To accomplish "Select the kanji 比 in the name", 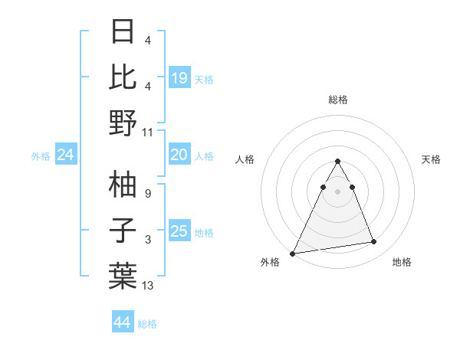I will pyautogui.click(x=123, y=77).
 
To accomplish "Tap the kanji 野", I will pyautogui.click(x=123, y=123).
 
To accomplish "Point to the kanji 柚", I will pyautogui.click(x=123, y=184).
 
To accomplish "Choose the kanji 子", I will pyautogui.click(x=123, y=230).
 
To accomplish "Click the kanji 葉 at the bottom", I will pyautogui.click(x=123, y=275).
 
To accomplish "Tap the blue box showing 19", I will pyautogui.click(x=179, y=78).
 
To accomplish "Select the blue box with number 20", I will pyautogui.click(x=179, y=155).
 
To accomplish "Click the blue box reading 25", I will pyautogui.click(x=179, y=231).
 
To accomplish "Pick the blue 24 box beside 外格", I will pyautogui.click(x=66, y=155).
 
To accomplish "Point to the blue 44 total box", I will pyautogui.click(x=123, y=322).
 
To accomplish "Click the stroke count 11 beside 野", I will pyautogui.click(x=148, y=133).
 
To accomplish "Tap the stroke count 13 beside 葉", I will pyautogui.click(x=148, y=286).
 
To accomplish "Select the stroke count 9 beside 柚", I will pyautogui.click(x=147, y=194).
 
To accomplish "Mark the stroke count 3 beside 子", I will pyautogui.click(x=147, y=240).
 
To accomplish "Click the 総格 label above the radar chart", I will pyautogui.click(x=337, y=100).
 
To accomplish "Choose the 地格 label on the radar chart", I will pyautogui.click(x=402, y=262).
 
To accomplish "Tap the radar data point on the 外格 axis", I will pyautogui.click(x=293, y=253).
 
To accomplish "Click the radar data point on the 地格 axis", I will pyautogui.click(x=374, y=242).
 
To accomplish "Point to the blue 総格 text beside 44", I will pyautogui.click(x=147, y=324).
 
